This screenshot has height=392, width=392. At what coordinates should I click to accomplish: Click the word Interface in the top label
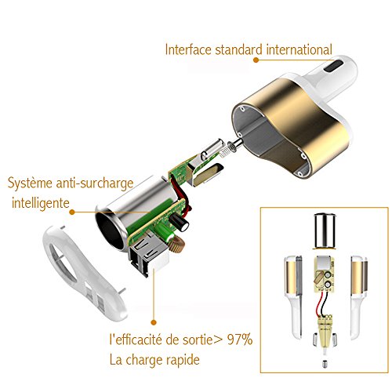pos(188,49)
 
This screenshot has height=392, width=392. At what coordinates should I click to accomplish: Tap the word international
pos(299,49)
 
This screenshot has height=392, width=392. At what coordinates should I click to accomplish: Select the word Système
pos(30,183)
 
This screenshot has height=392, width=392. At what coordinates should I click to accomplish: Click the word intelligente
pos(41,203)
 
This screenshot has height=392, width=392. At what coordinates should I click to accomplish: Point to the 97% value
pos(240,339)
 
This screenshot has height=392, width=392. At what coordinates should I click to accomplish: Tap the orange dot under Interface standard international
pos(256,60)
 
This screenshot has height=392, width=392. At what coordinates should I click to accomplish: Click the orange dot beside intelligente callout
pos(72,212)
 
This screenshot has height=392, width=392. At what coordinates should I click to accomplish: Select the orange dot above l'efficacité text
pos(154,322)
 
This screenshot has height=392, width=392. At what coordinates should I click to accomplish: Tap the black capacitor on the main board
pos(180,222)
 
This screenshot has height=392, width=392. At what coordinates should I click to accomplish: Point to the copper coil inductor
pos(177,244)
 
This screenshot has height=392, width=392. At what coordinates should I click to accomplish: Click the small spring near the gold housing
pos(225,151)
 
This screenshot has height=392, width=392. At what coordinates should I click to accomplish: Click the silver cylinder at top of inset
pos(325,231)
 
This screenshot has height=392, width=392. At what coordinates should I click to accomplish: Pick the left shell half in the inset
pos(293,296)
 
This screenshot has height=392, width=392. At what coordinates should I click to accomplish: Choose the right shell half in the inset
pos(359,297)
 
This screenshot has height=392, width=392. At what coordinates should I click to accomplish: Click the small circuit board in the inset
pos(324,274)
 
